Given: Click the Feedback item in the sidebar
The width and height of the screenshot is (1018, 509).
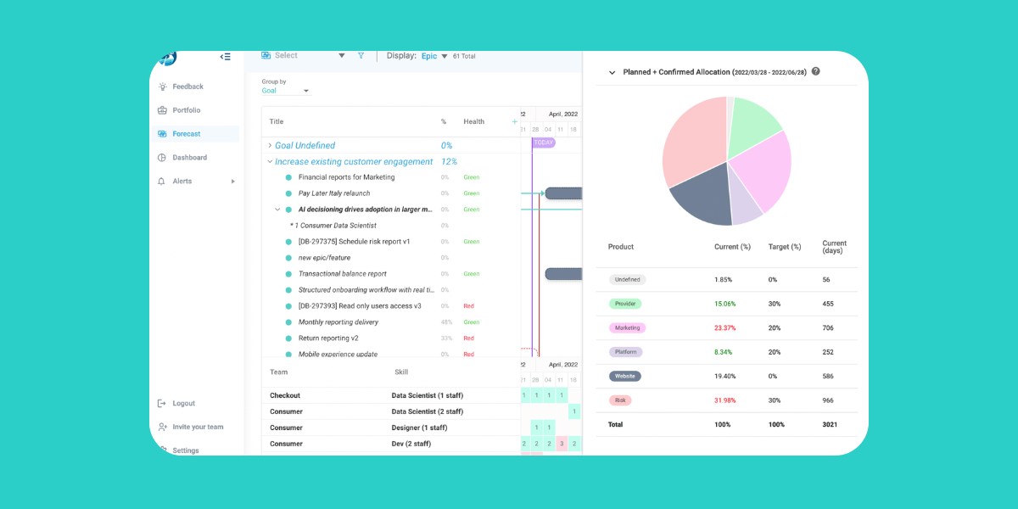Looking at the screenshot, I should [187, 87].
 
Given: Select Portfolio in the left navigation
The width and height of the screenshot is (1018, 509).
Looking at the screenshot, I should [186, 110].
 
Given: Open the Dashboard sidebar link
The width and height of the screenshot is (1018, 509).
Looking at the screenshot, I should [189, 158].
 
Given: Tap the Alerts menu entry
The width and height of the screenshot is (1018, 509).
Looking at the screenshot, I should [182, 182].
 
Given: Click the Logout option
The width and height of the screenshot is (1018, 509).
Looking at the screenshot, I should [183, 404].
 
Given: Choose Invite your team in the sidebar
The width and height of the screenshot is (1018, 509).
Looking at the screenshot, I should [198, 428].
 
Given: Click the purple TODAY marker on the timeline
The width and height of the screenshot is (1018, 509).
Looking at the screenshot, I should [543, 143].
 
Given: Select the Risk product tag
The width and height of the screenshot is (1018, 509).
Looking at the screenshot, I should [620, 400].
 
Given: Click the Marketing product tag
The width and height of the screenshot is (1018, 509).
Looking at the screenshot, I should [627, 328].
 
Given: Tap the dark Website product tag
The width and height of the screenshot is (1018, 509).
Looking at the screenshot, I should [625, 377].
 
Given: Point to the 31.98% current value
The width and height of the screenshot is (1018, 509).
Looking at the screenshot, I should [724, 400].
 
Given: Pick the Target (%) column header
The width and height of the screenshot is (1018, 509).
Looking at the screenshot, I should [785, 247].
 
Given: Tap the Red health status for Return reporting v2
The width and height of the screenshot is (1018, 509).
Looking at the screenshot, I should [468, 338].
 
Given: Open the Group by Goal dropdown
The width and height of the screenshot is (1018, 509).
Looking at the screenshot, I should [286, 91].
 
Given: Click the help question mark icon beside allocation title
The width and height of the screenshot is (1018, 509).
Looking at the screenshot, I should [816, 71].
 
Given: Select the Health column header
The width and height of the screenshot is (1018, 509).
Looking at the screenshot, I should [473, 122].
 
